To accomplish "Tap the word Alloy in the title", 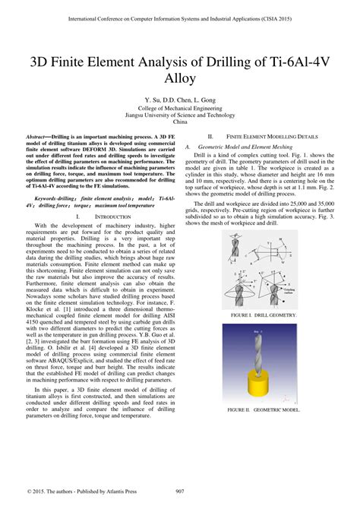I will pyautogui.click(x=179, y=77).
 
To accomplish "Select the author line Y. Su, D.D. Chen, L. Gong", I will pyautogui.click(x=180, y=100).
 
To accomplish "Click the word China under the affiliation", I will pyautogui.click(x=180, y=122).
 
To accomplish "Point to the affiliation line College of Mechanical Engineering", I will pyautogui.click(x=180, y=108).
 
